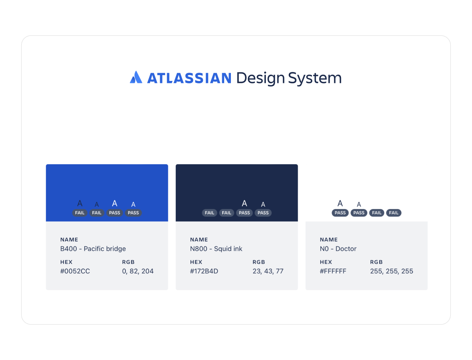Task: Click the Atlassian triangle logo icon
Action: [136, 77]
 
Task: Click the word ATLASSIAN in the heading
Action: [189, 78]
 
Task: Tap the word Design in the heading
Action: [260, 78]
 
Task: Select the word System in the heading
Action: [315, 78]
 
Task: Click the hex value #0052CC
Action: [75, 271]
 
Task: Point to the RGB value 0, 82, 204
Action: [138, 271]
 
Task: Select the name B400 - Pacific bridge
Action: [93, 249]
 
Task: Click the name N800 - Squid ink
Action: [216, 249]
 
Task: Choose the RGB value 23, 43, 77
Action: [268, 271]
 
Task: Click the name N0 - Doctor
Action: [338, 249]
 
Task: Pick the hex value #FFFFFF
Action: [333, 271]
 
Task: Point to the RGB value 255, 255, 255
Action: [391, 271]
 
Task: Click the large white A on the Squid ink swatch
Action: [244, 203]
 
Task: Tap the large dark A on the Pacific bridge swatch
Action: [80, 203]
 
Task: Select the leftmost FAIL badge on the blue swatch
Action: [80, 213]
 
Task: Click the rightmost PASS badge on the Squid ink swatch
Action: [263, 213]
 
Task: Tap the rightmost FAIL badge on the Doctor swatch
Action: [394, 213]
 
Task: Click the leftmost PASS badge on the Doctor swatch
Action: [340, 213]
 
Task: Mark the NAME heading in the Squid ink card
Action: [199, 240]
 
